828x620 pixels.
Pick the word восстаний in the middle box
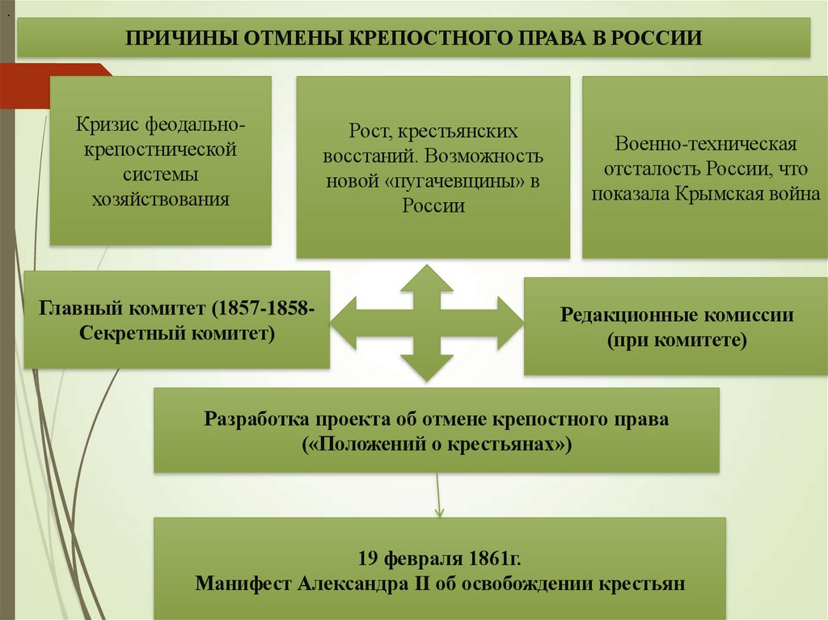pyautogui.click(x=370, y=155)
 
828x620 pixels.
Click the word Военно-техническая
pyautogui.click(x=706, y=144)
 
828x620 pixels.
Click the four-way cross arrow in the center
pyautogui.click(x=427, y=323)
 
